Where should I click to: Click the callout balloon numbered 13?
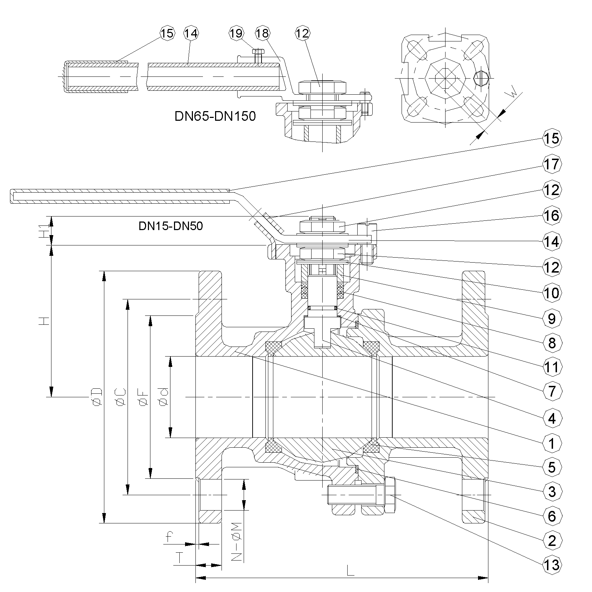click(552, 565)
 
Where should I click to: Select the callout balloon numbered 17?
click(552, 164)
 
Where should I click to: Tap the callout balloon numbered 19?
click(236, 33)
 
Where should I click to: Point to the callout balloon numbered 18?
click(262, 33)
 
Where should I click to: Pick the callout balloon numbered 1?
click(552, 443)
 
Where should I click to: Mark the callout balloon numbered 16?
click(552, 216)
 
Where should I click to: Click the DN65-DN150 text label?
click(215, 116)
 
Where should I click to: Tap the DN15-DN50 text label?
click(171, 226)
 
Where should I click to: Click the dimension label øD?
click(97, 397)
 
